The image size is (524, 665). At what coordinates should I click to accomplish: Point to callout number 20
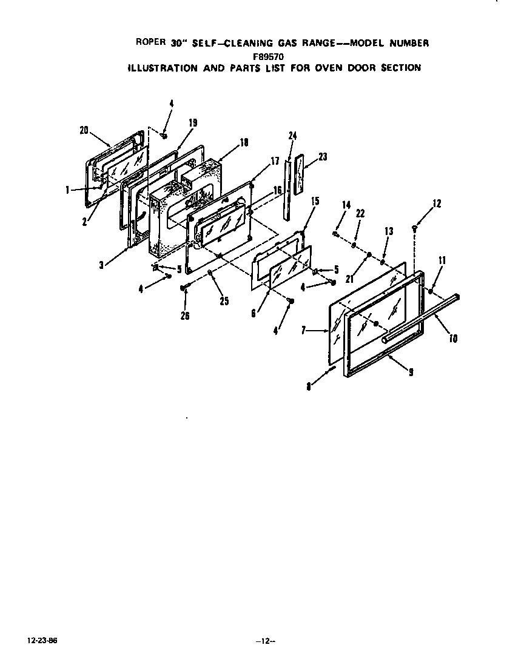click(84, 129)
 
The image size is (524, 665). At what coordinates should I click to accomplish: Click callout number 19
click(192, 123)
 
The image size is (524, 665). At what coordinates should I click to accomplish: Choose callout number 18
click(244, 142)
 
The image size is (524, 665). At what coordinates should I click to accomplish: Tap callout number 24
click(292, 136)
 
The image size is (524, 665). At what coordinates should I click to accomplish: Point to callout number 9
click(411, 372)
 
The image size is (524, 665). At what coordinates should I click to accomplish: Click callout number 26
click(185, 315)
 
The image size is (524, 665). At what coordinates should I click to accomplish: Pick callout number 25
click(224, 301)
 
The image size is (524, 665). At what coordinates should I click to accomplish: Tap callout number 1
click(67, 190)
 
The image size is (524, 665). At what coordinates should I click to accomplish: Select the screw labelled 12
click(414, 228)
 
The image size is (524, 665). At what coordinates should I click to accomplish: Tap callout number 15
click(315, 201)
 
